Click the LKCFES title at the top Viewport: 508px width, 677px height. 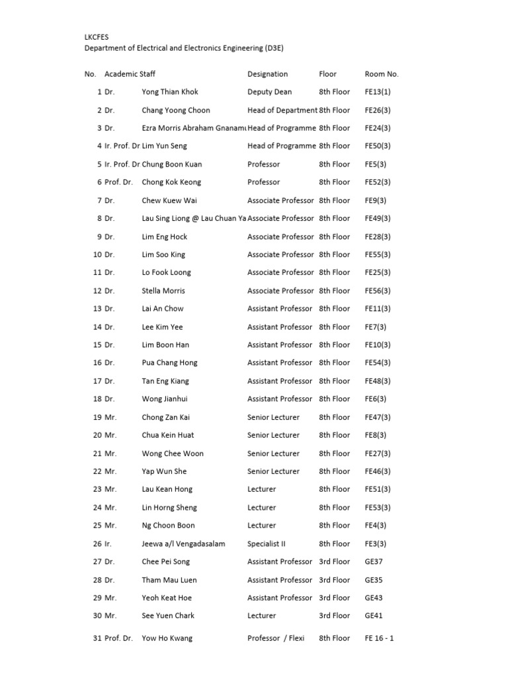click(95, 38)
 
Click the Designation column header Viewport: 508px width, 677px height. click(267, 74)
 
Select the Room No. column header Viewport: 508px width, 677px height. click(382, 74)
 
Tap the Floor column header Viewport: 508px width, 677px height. click(327, 74)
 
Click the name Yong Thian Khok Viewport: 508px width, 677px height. click(170, 92)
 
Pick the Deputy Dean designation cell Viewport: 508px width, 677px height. click(269, 92)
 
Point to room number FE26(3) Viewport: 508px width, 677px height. click(378, 110)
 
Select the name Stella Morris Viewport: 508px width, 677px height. click(163, 291)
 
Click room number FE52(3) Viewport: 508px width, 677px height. click(378, 182)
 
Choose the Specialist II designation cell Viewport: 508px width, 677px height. click(267, 543)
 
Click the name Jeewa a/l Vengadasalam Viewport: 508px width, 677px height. click(183, 543)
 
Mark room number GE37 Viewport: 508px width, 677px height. click(374, 561)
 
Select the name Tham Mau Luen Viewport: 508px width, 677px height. click(169, 580)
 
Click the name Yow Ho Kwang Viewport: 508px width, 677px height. click(167, 638)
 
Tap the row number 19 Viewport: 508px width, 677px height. click(97, 417)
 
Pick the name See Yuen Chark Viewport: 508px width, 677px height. click(168, 616)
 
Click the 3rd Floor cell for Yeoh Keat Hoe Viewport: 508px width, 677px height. click(334, 598)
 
